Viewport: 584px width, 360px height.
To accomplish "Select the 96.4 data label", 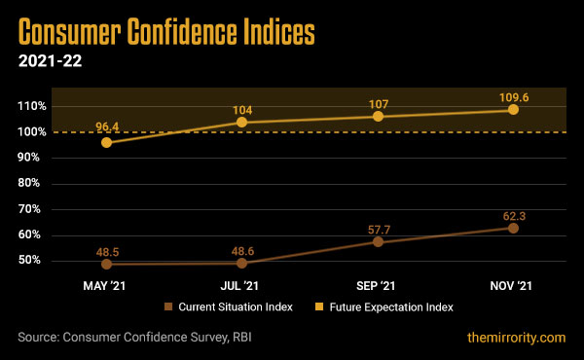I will (x=106, y=126).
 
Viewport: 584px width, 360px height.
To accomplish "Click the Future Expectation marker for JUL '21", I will (x=242, y=123).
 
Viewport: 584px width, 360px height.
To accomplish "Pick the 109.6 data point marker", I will (x=513, y=109).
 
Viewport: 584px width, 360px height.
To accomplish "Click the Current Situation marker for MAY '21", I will (x=106, y=264).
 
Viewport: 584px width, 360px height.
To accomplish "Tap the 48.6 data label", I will (x=242, y=247).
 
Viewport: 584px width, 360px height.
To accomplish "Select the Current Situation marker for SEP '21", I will (x=378, y=241).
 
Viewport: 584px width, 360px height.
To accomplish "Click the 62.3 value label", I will (x=513, y=212).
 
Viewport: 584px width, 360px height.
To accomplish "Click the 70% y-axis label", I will (x=33, y=209).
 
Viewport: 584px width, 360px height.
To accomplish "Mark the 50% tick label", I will (x=33, y=261).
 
